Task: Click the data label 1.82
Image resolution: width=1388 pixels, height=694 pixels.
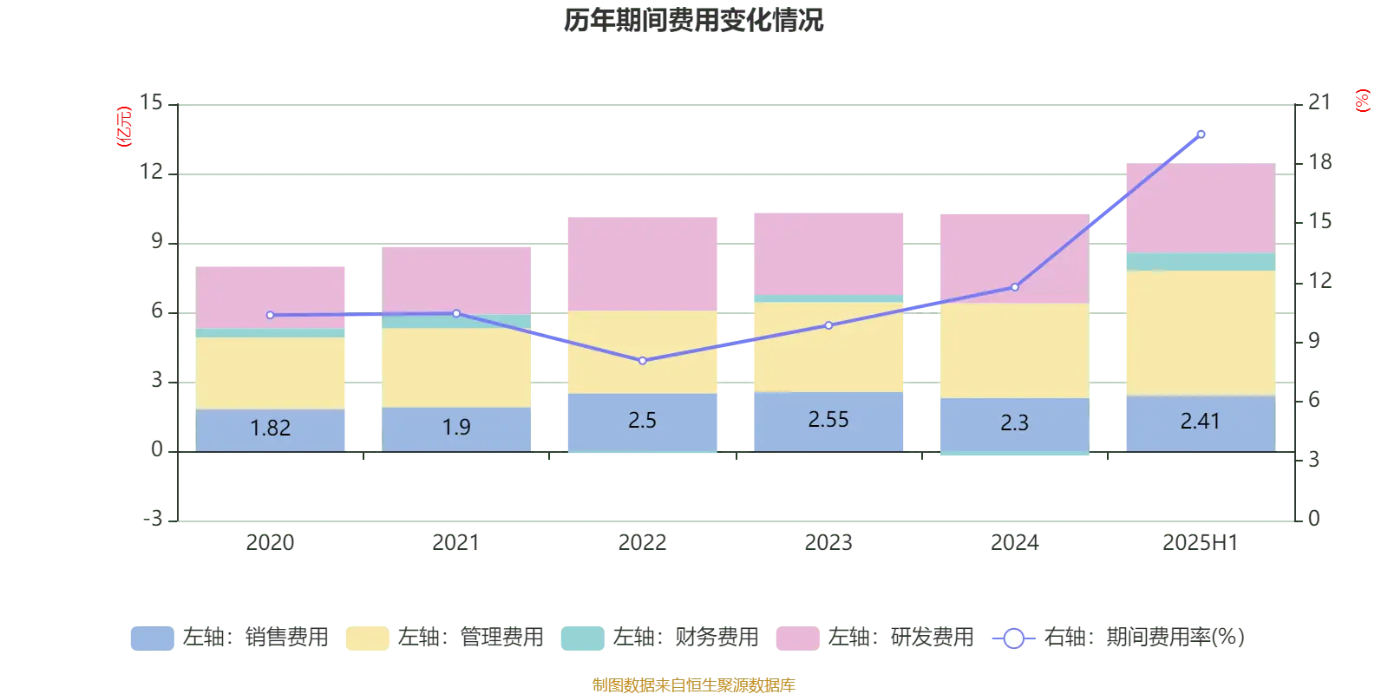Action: click(270, 428)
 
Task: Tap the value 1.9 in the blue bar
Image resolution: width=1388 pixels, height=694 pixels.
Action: click(456, 427)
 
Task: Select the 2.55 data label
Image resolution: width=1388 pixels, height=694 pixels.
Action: click(828, 420)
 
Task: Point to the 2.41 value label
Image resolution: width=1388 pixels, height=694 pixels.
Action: click(1200, 422)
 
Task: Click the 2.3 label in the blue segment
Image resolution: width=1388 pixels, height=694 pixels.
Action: click(1014, 423)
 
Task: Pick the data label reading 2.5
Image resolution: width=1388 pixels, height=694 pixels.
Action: click(642, 421)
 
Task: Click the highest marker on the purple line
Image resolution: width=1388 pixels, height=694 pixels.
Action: click(1201, 134)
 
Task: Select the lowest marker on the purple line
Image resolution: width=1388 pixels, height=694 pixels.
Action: click(643, 361)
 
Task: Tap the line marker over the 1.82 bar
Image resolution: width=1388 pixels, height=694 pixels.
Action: click(271, 315)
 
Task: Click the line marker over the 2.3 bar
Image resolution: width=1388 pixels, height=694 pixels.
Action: click(1015, 287)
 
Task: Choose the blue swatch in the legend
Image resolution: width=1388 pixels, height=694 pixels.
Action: click(153, 638)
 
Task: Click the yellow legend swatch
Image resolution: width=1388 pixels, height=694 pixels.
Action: click(368, 638)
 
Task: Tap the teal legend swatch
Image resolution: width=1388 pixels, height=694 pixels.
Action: click(583, 638)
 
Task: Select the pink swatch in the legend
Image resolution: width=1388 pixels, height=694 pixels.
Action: click(798, 638)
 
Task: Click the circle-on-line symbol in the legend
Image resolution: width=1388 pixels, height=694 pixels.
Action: click(1013, 638)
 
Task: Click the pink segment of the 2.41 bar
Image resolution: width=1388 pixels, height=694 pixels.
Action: click(1200, 206)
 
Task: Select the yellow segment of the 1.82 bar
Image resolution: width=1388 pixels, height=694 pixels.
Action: click(270, 373)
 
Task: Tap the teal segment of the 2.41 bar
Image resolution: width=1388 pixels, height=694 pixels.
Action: click(1200, 261)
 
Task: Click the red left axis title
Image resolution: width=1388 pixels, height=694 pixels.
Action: click(124, 127)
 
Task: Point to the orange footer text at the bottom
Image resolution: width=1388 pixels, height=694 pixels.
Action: click(693, 684)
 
